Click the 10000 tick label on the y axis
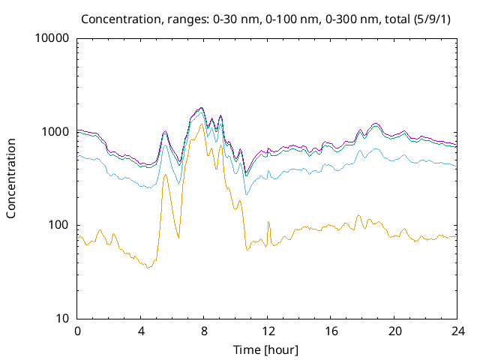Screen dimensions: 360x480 pos(52,39)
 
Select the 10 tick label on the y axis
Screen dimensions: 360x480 pos(62,319)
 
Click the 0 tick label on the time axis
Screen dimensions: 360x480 pos(77,331)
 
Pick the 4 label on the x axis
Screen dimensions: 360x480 pos(141,331)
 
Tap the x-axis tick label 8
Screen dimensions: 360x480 pos(204,331)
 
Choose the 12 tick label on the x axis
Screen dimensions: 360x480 pos(267,331)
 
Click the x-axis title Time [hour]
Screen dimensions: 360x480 pos(267,349)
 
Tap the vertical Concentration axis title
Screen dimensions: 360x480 pos(12,178)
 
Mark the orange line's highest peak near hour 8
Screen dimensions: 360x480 pos(202,124)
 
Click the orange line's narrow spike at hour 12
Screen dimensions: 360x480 pos(268,220)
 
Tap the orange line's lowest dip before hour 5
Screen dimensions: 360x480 pos(148,268)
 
